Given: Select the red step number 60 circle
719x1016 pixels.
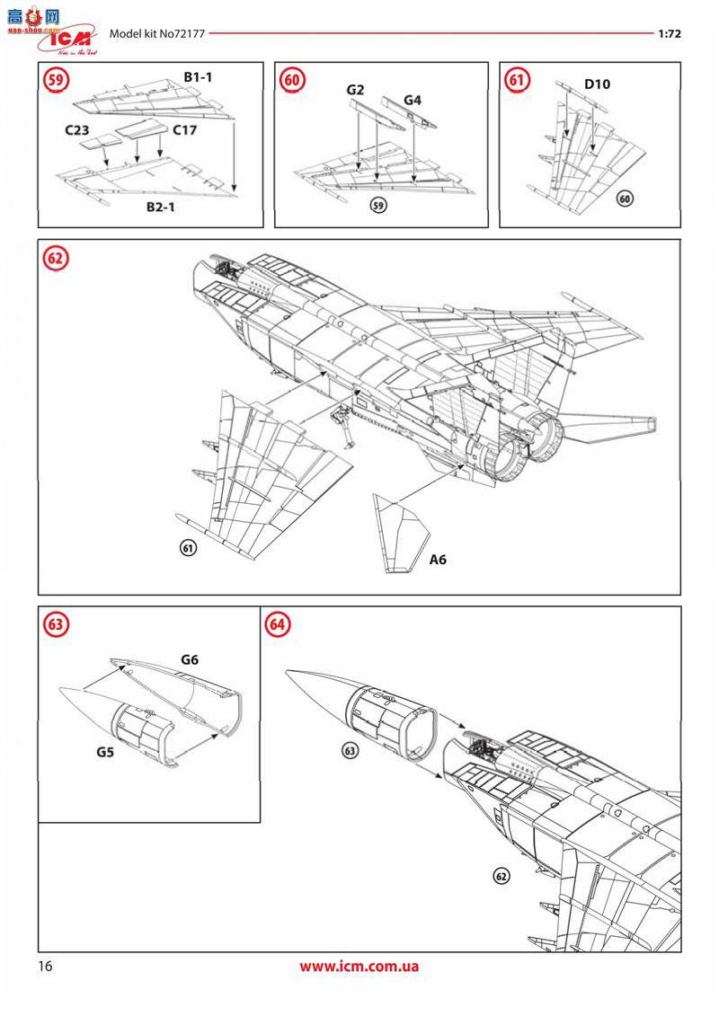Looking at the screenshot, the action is (292, 80).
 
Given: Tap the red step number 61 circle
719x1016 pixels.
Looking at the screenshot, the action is (517, 80).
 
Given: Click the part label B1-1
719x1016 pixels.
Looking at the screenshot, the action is (198, 78).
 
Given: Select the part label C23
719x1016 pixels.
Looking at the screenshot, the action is (79, 129).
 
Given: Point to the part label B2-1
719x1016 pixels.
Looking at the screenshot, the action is (164, 208).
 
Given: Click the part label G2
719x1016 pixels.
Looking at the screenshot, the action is (355, 91).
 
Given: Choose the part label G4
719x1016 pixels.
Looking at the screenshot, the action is (412, 100).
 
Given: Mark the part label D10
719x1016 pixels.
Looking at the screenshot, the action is (597, 85).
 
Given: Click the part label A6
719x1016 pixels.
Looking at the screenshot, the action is (438, 560).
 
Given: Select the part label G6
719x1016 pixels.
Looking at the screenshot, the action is (189, 659).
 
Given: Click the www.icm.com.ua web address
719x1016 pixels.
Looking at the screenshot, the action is (359, 967).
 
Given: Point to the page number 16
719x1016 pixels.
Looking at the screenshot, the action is (46, 967).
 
